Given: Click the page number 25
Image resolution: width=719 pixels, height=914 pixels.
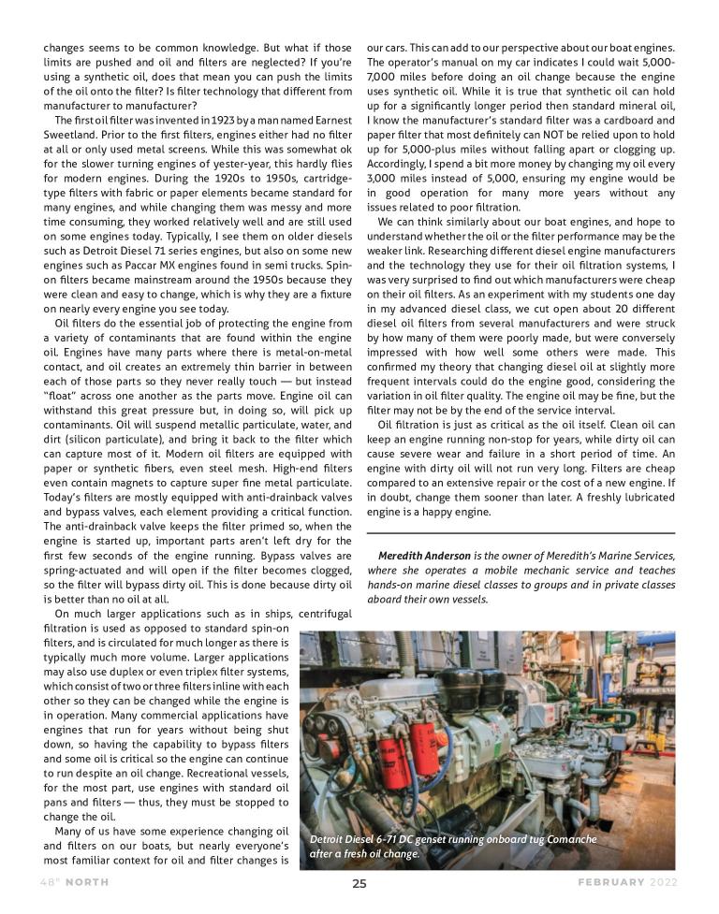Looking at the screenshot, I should click(359, 883).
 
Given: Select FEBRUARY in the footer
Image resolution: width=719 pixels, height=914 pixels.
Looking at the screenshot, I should click(609, 883).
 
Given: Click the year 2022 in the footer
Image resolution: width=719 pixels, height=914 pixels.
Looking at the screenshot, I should click(663, 883).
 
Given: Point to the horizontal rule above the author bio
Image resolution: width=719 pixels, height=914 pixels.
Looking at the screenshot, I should click(521, 533).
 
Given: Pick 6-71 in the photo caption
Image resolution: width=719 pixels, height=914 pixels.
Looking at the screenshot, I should click(386, 839).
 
